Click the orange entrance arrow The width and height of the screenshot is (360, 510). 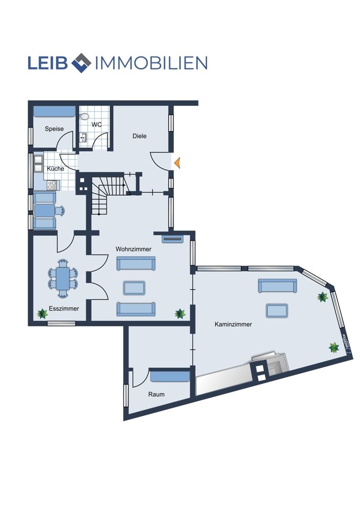[x=177, y=163]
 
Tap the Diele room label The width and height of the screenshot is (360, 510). [x=140, y=136]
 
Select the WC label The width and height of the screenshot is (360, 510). [x=96, y=124]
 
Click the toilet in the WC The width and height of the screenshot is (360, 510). [x=85, y=116]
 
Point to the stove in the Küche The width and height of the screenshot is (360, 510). [x=52, y=185]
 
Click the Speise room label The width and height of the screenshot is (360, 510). [x=55, y=129]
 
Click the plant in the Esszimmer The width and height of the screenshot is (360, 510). [x=42, y=314]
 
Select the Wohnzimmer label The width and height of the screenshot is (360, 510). [x=134, y=249]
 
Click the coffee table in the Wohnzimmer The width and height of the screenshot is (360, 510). [x=134, y=288]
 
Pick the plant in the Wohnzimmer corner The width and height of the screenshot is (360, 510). [x=180, y=314]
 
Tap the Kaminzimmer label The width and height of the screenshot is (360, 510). [x=233, y=324]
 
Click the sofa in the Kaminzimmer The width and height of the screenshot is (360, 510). [x=277, y=286]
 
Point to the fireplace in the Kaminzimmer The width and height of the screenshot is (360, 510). [x=270, y=365]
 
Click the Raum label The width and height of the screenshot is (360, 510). [x=157, y=394]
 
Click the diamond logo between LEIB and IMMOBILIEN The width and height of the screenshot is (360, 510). [x=81, y=63]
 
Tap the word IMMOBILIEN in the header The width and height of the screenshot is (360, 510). [x=151, y=63]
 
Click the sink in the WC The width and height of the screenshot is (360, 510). [x=84, y=138]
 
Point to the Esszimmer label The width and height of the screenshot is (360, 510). [x=64, y=309]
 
